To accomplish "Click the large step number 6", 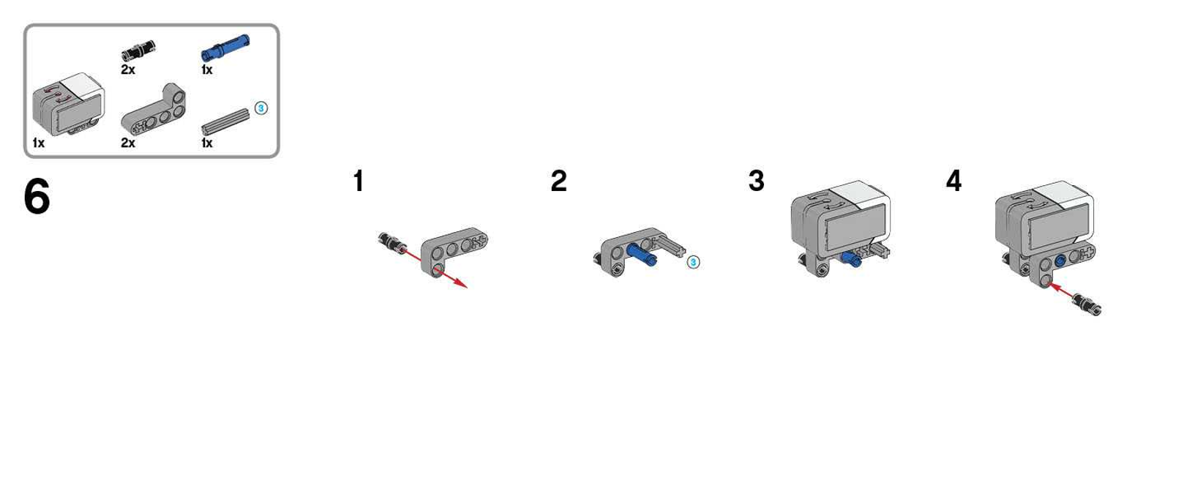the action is pos(37,196).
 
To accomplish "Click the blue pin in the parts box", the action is pos(225,48).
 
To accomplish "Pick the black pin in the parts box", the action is pos(138,50).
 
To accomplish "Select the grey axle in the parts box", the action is pos(225,121).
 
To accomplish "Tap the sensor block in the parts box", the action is pos(68,103).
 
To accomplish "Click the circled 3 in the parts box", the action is pos(261,108).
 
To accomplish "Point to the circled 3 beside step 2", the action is pos(693,262).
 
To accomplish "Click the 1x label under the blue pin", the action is pos(207,70).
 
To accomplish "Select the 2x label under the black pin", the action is pos(128,70).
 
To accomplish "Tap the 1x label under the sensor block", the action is pos(38,143).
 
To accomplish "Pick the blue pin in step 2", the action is pos(642,254).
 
